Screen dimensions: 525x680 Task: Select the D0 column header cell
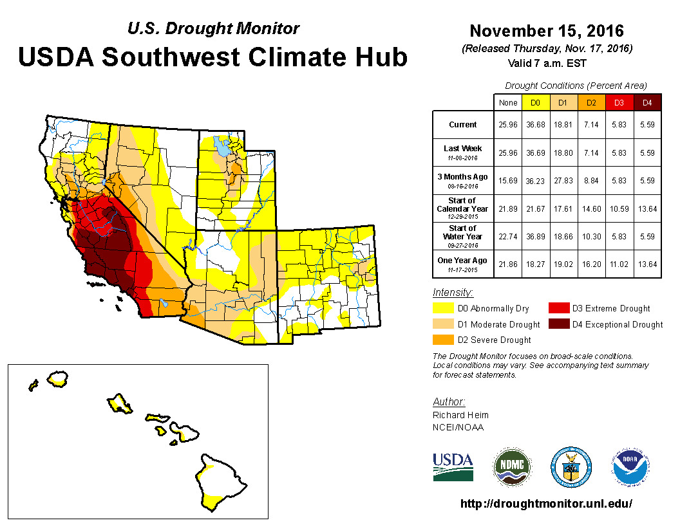(x=534, y=102)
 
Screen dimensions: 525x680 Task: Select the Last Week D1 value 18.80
(x=562, y=153)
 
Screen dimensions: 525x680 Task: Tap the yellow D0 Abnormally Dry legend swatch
(x=442, y=309)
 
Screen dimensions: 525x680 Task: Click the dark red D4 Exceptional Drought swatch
(x=558, y=324)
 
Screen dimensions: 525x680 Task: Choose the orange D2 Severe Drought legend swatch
(x=442, y=340)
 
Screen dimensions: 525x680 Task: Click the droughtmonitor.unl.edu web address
(x=546, y=504)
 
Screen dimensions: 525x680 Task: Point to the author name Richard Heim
(x=460, y=415)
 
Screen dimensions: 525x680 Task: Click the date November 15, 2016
(x=547, y=30)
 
